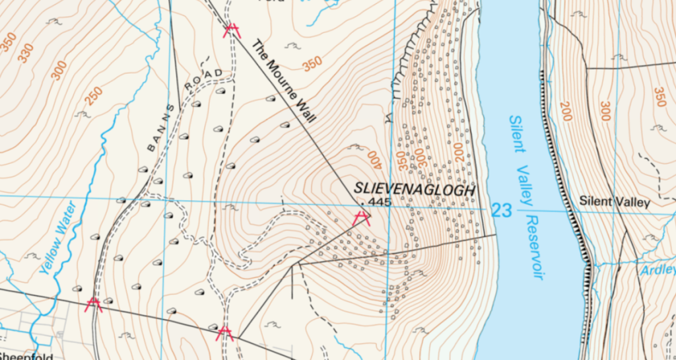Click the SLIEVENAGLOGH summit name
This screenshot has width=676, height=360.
(414, 189)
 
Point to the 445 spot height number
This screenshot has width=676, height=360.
(380, 201)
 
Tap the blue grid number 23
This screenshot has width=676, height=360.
(502, 211)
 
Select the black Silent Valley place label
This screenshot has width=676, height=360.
(614, 202)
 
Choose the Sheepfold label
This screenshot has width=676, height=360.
(24, 355)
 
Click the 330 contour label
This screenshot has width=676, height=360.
(26, 54)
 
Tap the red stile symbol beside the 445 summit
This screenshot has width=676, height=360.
(361, 218)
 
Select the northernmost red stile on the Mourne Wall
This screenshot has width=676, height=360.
(231, 30)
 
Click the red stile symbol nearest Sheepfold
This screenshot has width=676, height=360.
(94, 304)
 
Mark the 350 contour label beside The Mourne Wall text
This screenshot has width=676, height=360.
(312, 64)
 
